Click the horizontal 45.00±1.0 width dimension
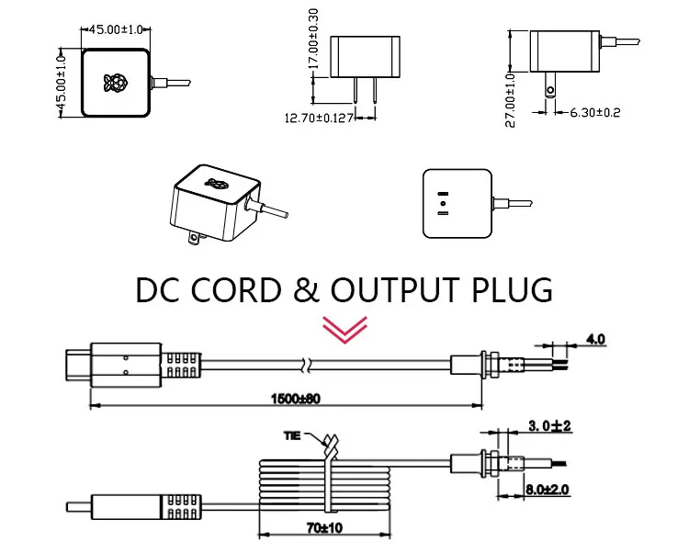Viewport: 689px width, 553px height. coord(116,29)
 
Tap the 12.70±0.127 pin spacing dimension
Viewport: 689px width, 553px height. coord(320,118)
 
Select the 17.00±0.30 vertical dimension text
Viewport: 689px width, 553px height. coord(313,39)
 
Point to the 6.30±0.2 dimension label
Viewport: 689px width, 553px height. coord(595,112)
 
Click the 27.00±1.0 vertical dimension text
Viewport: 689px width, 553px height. coord(510,100)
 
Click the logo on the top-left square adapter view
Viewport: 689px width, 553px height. coord(116,83)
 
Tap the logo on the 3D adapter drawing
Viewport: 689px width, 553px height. coord(216,183)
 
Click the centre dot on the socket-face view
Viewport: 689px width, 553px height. coord(443,203)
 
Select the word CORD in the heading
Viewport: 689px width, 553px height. coord(236,290)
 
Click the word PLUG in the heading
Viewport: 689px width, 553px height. coord(512,290)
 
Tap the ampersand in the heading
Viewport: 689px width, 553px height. coord(306,290)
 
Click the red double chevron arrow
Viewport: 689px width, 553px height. coord(344,330)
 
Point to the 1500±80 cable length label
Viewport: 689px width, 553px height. coord(296,399)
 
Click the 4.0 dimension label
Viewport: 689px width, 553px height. coord(595,339)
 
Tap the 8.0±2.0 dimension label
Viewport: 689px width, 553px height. coord(548,490)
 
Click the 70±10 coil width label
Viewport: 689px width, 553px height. coord(324,527)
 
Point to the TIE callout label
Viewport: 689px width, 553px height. coord(292,435)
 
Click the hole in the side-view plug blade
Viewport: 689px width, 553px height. coord(550,91)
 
